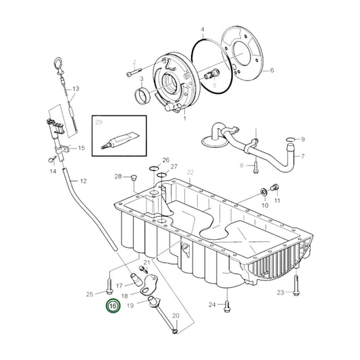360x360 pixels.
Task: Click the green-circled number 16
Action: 111,306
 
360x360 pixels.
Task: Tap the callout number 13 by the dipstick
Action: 76,88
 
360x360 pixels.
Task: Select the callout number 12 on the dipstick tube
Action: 83,181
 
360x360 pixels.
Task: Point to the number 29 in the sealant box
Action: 99,122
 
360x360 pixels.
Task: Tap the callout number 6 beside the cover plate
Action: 272,70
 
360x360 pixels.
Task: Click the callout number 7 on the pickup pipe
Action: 303,156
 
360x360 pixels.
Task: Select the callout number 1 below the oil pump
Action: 184,118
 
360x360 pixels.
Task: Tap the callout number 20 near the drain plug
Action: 176,316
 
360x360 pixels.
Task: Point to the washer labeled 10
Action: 263,192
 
